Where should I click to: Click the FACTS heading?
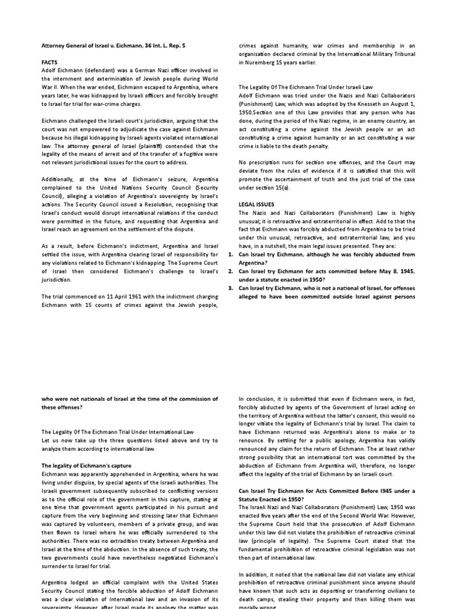[50, 61]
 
